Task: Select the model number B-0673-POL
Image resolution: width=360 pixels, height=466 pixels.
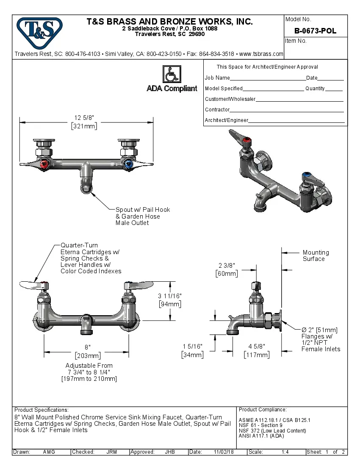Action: [315, 31]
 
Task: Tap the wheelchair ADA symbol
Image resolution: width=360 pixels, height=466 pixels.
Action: [172, 74]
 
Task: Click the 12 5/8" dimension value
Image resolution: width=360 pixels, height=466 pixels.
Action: [84, 118]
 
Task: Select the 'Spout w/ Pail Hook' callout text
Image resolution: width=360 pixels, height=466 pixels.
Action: [142, 210]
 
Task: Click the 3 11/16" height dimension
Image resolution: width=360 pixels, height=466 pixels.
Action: [170, 296]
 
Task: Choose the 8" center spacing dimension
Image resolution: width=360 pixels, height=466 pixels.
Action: [87, 347]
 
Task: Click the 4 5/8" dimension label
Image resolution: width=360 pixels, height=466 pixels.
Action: [257, 347]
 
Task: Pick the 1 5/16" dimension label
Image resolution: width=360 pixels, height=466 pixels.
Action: [193, 347]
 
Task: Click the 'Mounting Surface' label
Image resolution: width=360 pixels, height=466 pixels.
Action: [315, 255]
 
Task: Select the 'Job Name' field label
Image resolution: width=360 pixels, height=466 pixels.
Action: [217, 78]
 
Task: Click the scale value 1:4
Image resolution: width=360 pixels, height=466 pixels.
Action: [285, 452]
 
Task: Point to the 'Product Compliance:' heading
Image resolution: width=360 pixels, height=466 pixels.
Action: [263, 410]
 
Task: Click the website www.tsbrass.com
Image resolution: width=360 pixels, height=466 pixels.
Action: [261, 54]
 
